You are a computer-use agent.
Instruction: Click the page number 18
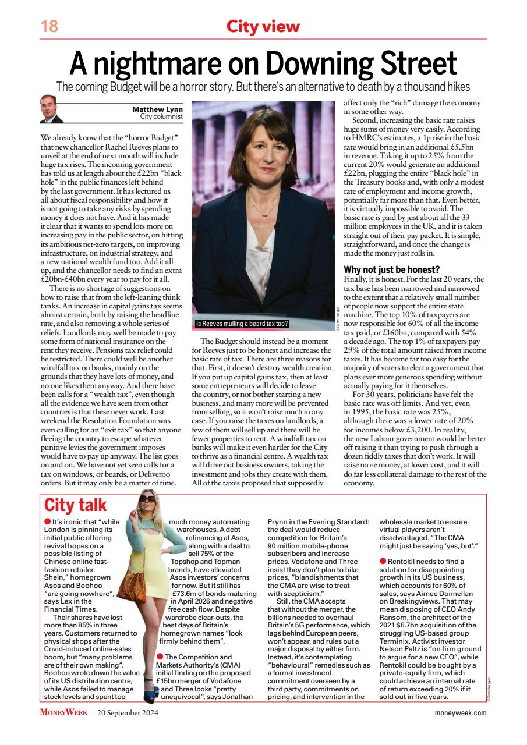pyautogui.click(x=49, y=26)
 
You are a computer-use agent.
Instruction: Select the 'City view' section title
pyautogui.click(x=263, y=26)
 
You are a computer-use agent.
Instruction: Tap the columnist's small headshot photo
pyautogui.click(x=52, y=109)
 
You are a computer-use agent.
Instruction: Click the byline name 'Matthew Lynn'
pyautogui.click(x=157, y=109)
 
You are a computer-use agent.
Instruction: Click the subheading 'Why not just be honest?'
pyautogui.click(x=391, y=269)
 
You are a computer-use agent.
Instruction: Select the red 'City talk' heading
pyautogui.click(x=76, y=505)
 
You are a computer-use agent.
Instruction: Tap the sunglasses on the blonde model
pyautogui.click(x=147, y=499)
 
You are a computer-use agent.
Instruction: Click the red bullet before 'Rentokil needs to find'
pyautogui.click(x=383, y=560)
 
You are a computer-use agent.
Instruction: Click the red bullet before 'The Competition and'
pyautogui.click(x=160, y=657)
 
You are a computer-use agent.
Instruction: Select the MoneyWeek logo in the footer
pyautogui.click(x=63, y=712)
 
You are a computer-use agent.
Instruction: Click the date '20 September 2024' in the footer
pyautogui.click(x=128, y=712)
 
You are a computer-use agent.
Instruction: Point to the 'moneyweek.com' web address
pyautogui.click(x=460, y=713)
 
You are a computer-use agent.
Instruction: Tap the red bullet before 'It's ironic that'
pyautogui.click(x=48, y=522)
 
